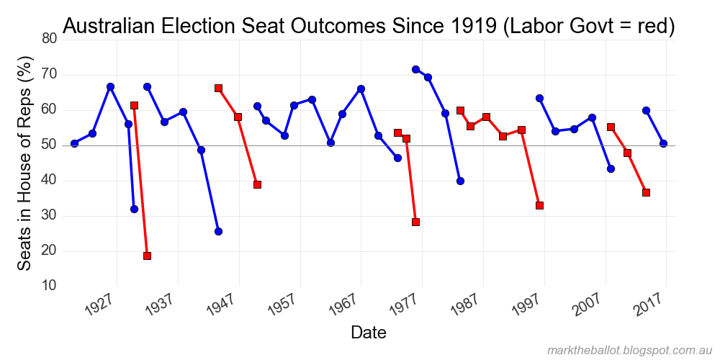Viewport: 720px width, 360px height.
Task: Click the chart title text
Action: [x=369, y=26]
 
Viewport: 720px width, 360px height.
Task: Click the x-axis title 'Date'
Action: [x=368, y=332]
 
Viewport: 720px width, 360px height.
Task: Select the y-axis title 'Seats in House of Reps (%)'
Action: [x=26, y=165]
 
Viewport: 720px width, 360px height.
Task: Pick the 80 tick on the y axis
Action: [x=48, y=39]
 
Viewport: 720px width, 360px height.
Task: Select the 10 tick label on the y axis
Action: [x=48, y=286]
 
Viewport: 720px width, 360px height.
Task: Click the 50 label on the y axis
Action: [x=48, y=145]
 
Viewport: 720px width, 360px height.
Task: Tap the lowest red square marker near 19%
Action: [x=147, y=256]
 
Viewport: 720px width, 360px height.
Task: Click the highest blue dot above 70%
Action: [x=415, y=69]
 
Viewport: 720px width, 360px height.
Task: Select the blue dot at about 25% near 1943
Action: [x=218, y=231]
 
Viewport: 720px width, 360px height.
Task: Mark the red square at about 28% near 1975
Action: [x=415, y=222]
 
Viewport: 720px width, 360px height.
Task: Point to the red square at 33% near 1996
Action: [x=539, y=205]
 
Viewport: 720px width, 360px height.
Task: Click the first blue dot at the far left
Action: [x=74, y=143]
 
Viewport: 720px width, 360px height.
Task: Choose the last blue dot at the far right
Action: [x=663, y=143]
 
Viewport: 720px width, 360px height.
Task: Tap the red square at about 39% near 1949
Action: [x=257, y=184]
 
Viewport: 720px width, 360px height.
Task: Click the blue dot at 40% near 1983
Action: [x=460, y=181]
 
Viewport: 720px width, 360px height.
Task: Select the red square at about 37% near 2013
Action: [x=646, y=192]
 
